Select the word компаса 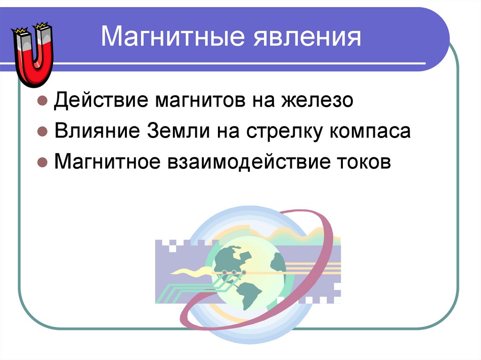(x=371, y=131)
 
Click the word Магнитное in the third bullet (x=108, y=162)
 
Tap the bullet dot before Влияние (x=42, y=132)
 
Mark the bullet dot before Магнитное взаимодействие (x=42, y=163)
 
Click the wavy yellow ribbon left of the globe (x=188, y=271)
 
